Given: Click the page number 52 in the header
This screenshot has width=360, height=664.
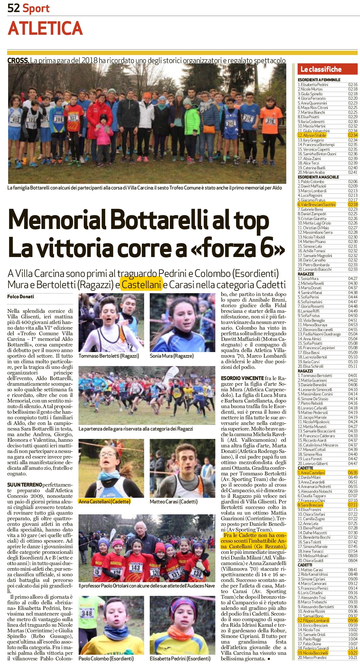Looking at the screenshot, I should pyautogui.click(x=13, y=8).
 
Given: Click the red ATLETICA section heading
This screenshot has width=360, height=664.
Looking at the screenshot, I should pyautogui.click(x=45, y=28).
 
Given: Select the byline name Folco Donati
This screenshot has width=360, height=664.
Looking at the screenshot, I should pyautogui.click(x=21, y=296).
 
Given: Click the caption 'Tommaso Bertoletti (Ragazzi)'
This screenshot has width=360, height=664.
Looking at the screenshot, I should pyautogui.click(x=109, y=356).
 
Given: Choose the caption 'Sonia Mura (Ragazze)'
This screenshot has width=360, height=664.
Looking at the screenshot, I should pyautogui.click(x=172, y=356).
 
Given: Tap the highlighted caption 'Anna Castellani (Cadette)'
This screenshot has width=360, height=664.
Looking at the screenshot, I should pyautogui.click(x=105, y=501).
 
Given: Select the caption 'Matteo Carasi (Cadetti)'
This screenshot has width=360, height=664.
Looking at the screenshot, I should pyautogui.click(x=174, y=501).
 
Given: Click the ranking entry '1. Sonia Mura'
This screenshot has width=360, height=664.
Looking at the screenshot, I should pyautogui.click(x=308, y=279).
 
